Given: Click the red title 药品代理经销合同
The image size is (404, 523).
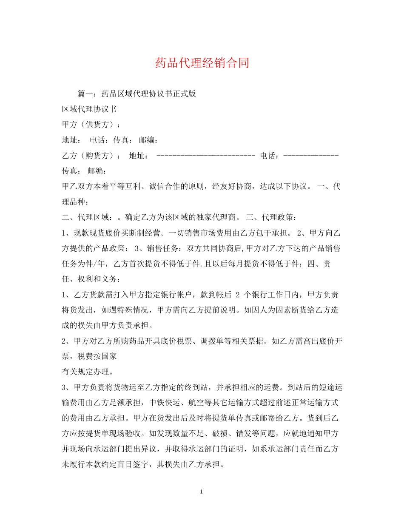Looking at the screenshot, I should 202,63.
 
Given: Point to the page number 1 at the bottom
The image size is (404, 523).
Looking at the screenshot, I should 202,492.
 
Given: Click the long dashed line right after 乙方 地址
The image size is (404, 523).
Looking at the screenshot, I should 206,156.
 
